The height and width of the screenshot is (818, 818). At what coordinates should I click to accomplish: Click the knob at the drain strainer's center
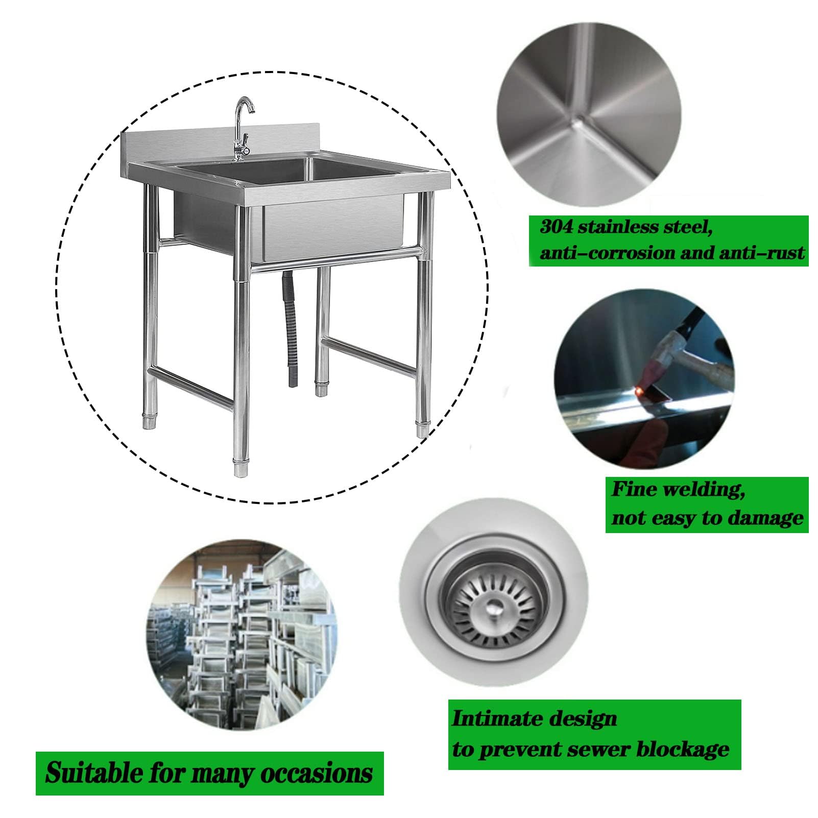pos(493,608)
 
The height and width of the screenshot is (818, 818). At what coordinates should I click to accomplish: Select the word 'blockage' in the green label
pos(683,749)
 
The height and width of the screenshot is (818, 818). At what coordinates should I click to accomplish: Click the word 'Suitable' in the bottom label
pos(94,773)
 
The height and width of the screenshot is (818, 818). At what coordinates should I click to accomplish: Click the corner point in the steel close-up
pos(578,121)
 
